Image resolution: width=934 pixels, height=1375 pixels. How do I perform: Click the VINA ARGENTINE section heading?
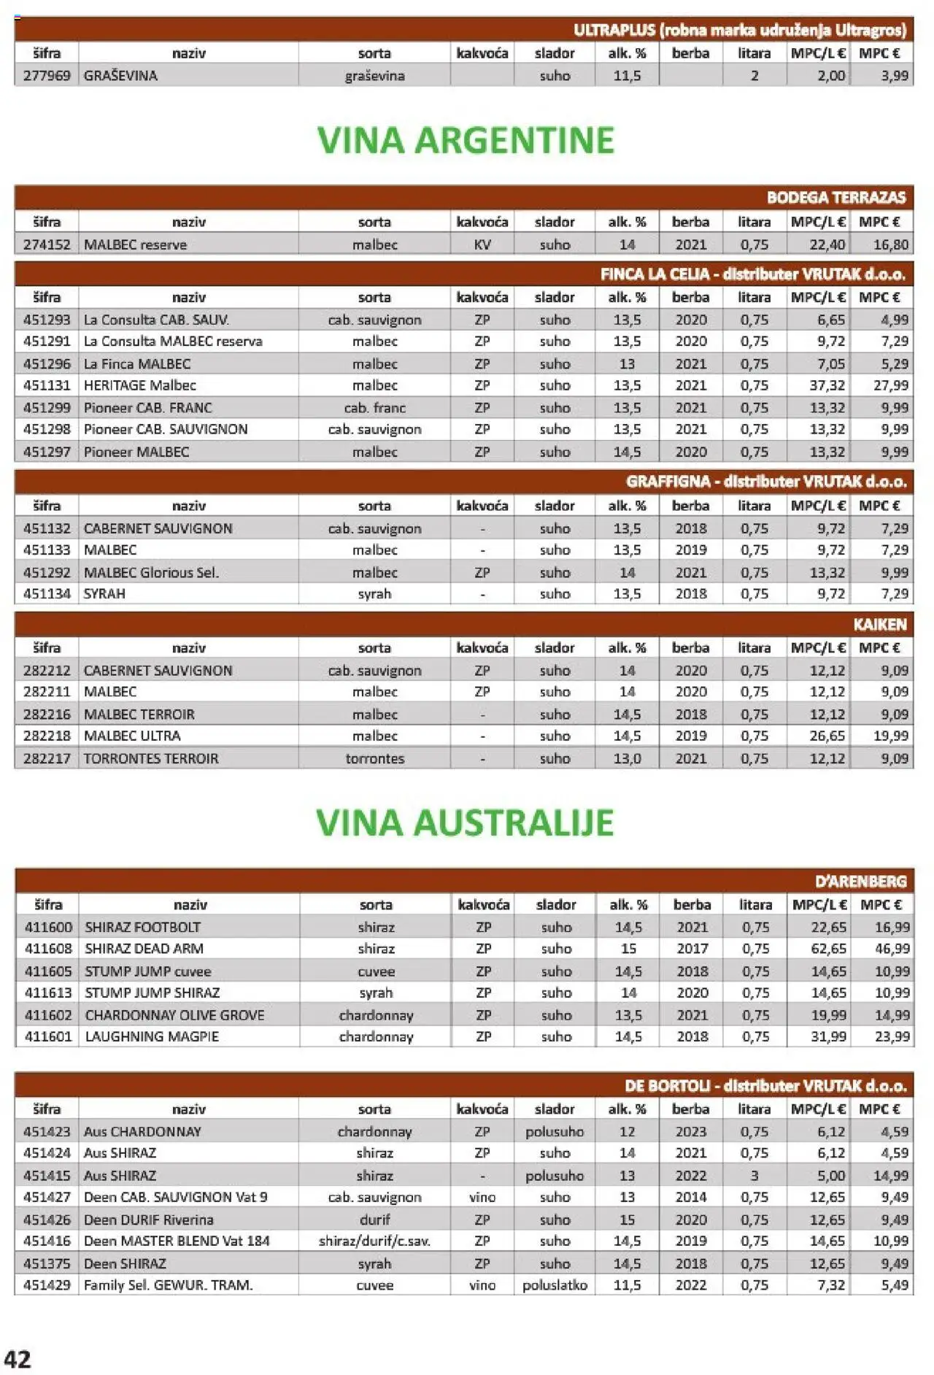(466, 140)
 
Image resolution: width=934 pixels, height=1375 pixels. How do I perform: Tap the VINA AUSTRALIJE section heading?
(465, 823)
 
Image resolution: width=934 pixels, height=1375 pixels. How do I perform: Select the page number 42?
(18, 1359)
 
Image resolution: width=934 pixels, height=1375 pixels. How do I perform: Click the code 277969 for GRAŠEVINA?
(47, 75)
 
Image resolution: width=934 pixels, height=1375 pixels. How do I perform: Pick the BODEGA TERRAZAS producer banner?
(835, 198)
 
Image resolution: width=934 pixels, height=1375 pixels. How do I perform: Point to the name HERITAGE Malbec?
(139, 385)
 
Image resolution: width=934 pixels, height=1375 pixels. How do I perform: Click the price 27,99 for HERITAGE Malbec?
(890, 385)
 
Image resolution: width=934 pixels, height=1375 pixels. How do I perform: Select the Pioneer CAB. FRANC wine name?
(147, 408)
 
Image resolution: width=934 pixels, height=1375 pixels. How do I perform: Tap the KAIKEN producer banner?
(879, 625)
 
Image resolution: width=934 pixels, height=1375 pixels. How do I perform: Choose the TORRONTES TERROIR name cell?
(150, 758)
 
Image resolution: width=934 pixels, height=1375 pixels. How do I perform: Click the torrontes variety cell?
(374, 758)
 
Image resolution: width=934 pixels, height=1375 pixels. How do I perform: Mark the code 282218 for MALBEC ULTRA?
(47, 736)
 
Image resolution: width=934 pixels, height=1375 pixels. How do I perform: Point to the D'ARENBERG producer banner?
(860, 882)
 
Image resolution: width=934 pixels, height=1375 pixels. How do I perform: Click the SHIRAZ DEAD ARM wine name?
(144, 949)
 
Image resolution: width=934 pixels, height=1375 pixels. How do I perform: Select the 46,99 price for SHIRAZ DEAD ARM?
(892, 949)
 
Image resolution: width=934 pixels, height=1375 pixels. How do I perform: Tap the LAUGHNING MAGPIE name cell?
(152, 1036)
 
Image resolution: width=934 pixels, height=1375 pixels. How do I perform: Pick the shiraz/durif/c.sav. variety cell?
(374, 1241)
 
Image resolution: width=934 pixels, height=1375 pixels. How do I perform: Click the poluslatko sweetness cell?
(555, 1285)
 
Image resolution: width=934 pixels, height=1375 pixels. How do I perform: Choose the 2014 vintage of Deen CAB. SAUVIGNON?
(690, 1197)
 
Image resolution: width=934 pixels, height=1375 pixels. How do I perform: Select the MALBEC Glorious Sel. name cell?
(151, 573)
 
